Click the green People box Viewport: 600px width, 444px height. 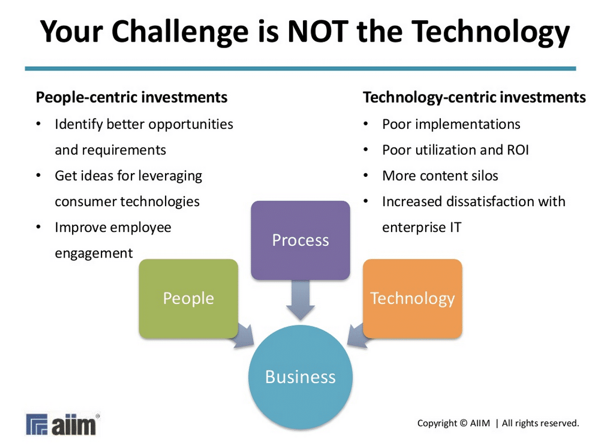pos(188,299)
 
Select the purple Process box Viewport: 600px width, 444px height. pos(300,240)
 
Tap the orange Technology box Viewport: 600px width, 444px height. pos(412,299)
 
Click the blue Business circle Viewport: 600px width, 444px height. pos(300,377)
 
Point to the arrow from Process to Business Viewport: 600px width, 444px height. pos(300,300)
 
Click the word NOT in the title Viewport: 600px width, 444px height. pos(317,32)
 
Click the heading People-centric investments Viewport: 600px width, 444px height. pos(131,97)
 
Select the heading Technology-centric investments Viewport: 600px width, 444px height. pos(474,98)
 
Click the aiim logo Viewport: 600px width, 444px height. pos(63,424)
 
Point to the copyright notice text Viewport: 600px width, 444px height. pos(498,423)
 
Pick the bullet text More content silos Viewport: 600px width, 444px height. pos(440,176)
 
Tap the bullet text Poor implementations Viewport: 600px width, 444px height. pos(451,124)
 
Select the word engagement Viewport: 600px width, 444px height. pos(93,254)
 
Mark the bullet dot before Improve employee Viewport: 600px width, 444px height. pos(38,227)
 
